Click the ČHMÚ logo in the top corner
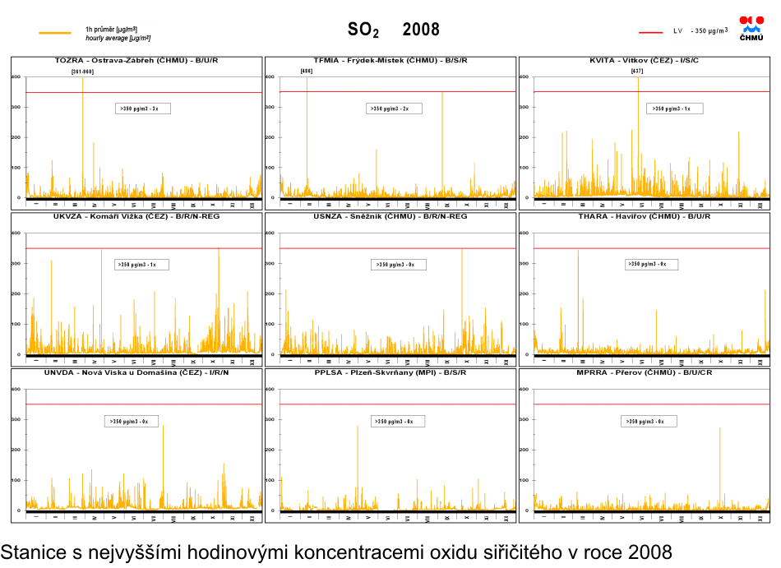(x=751, y=28)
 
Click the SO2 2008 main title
(x=394, y=30)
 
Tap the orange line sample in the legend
(x=55, y=33)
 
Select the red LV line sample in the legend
(x=650, y=32)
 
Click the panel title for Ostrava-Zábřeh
(x=136, y=61)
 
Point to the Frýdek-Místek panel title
(x=390, y=61)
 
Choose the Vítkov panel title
(x=644, y=61)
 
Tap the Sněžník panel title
(x=390, y=216)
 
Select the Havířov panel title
(x=644, y=216)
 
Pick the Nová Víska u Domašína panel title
(x=136, y=372)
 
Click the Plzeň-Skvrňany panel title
(x=390, y=372)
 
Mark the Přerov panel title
(x=644, y=372)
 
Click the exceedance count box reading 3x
(x=143, y=109)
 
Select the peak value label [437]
(x=637, y=72)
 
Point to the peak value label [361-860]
(x=82, y=72)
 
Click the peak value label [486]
(x=307, y=72)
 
